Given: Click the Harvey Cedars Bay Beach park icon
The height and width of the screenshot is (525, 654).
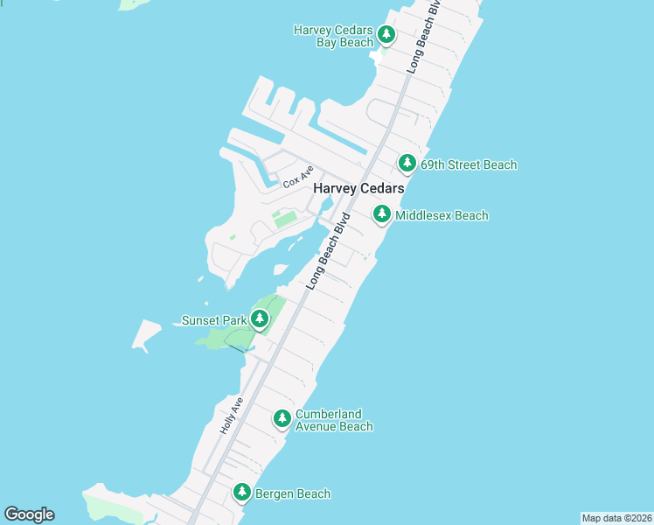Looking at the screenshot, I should [x=386, y=36].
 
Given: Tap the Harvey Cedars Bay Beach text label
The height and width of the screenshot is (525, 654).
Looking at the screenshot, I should [x=333, y=36].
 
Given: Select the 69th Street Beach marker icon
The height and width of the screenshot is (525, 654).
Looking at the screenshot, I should [x=407, y=164].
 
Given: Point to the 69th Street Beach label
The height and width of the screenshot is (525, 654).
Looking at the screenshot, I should [x=468, y=164].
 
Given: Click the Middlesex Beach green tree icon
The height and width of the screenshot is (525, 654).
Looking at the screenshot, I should [x=381, y=213].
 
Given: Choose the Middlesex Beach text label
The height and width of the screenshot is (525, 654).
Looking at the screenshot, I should [x=442, y=215].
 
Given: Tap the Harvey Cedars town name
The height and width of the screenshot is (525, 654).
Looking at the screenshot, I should [x=358, y=188].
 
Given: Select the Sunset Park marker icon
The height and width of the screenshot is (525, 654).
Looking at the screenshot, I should [x=260, y=319].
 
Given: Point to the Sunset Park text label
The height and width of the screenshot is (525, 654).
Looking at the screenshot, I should [x=213, y=320].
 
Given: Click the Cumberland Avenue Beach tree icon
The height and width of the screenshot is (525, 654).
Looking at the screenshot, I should [x=282, y=419].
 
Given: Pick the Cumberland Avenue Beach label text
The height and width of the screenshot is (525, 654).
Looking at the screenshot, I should [x=334, y=420].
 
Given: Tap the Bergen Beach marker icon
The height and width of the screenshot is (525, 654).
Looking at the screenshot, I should [x=242, y=493].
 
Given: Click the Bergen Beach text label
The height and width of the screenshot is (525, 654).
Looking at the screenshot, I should [x=293, y=493].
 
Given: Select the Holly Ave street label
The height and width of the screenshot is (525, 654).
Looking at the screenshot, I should [x=229, y=416].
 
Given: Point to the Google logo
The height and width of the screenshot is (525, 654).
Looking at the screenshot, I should [x=29, y=514].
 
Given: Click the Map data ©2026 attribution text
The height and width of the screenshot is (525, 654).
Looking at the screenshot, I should [x=616, y=518].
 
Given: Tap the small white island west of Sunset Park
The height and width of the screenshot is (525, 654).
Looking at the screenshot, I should [x=147, y=332].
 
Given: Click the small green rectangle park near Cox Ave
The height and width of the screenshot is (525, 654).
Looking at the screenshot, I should [x=284, y=218].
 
